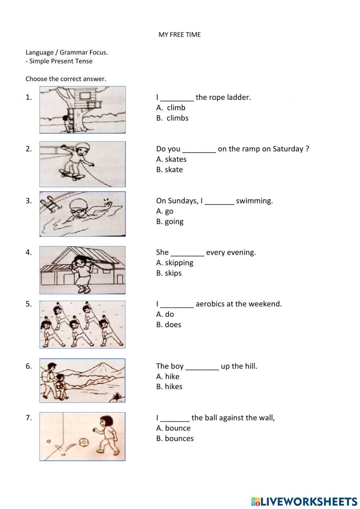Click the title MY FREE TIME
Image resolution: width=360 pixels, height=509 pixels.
click(x=179, y=35)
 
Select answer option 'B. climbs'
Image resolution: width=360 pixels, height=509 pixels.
click(x=172, y=118)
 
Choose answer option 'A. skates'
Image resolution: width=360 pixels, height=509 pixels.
click(x=171, y=159)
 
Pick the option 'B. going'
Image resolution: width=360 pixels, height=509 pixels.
click(x=170, y=222)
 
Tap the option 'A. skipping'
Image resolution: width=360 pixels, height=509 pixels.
click(x=175, y=263)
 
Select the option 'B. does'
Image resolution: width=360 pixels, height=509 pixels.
click(x=168, y=325)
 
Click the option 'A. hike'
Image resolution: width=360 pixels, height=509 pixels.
click(x=167, y=376)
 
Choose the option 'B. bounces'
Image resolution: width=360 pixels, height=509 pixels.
click(x=175, y=438)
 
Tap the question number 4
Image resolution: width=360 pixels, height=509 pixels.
click(x=28, y=253)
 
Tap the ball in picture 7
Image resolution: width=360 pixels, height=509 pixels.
click(x=84, y=441)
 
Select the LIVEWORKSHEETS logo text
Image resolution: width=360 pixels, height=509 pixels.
click(x=308, y=501)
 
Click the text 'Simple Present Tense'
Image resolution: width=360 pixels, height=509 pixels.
click(x=60, y=61)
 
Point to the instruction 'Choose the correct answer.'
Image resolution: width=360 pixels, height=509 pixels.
click(x=66, y=79)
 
